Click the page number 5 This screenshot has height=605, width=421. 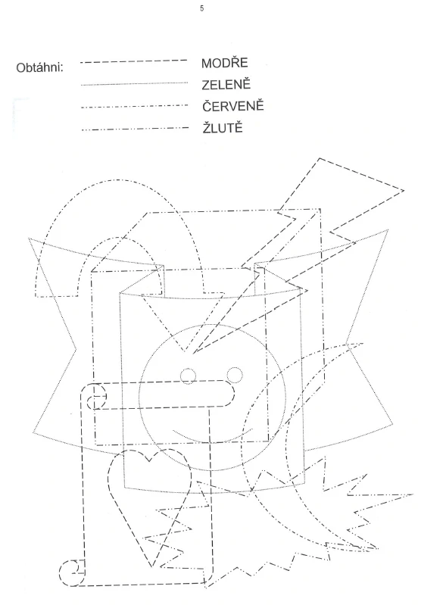(x=202, y=8)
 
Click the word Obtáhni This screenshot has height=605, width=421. (x=39, y=68)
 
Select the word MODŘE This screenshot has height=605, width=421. (x=225, y=63)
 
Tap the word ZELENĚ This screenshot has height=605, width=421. (x=226, y=84)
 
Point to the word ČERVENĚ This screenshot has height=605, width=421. (x=233, y=106)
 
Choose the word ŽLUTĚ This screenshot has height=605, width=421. (x=223, y=127)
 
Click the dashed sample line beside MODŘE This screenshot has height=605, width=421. (x=134, y=61)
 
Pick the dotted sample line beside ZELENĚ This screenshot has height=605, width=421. (x=134, y=84)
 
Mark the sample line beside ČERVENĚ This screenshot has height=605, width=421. (x=135, y=106)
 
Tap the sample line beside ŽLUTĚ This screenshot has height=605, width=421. (x=135, y=129)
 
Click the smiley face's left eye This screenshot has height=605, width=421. (x=189, y=376)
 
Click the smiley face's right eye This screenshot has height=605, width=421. (x=235, y=375)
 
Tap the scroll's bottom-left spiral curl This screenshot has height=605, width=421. (x=72, y=572)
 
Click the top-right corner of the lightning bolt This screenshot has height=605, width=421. (x=404, y=190)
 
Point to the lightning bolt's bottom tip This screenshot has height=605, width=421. (x=193, y=353)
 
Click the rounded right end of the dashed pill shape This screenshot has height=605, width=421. (x=232, y=393)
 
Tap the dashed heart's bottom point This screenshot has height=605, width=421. (x=152, y=567)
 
